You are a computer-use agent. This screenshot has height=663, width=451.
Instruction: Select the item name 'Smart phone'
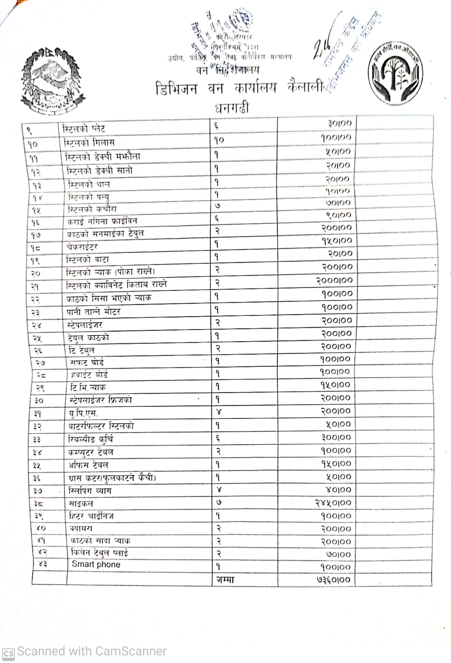[x=96, y=564]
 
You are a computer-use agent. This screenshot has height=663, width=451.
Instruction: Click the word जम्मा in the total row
[x=225, y=579]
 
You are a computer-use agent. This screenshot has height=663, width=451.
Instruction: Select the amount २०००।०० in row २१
[x=334, y=280]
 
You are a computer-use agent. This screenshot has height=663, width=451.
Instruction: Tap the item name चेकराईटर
[x=82, y=247]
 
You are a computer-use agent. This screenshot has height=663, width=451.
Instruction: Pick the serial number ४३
[x=42, y=564]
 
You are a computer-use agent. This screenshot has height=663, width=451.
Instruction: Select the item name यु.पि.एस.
[x=83, y=413]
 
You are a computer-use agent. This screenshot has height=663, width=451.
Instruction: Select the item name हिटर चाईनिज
[x=91, y=516]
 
